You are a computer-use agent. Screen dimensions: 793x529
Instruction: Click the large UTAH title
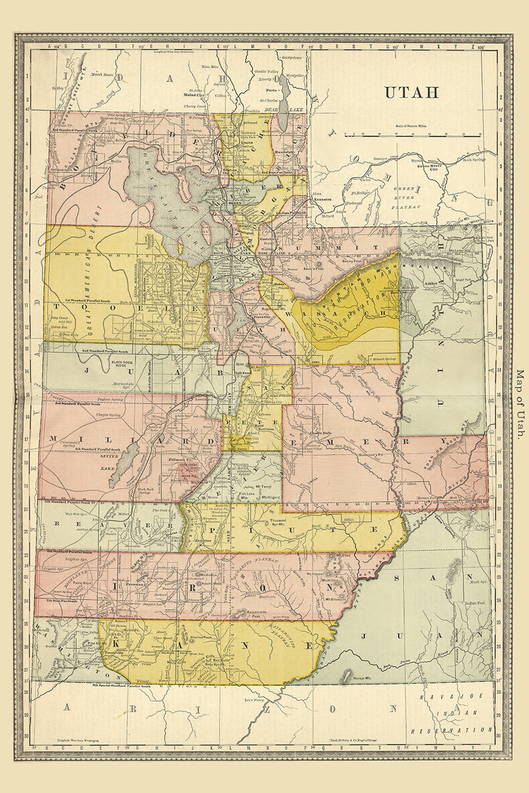pos(411,93)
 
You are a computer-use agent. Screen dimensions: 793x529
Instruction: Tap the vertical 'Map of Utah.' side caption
pos(520,404)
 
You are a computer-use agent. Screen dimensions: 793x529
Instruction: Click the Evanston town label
pos(323,199)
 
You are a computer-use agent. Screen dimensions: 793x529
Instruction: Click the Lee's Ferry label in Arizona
pos(254,700)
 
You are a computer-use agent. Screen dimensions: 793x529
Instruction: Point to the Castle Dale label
pos(321,433)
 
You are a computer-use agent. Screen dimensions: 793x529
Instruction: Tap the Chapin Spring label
pos(108,415)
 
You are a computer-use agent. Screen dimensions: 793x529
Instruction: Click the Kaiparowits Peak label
pos(262,614)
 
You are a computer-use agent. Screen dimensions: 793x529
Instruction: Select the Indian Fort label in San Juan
pos(474,603)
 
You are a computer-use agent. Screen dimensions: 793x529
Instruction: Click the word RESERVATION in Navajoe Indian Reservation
pos(451,730)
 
